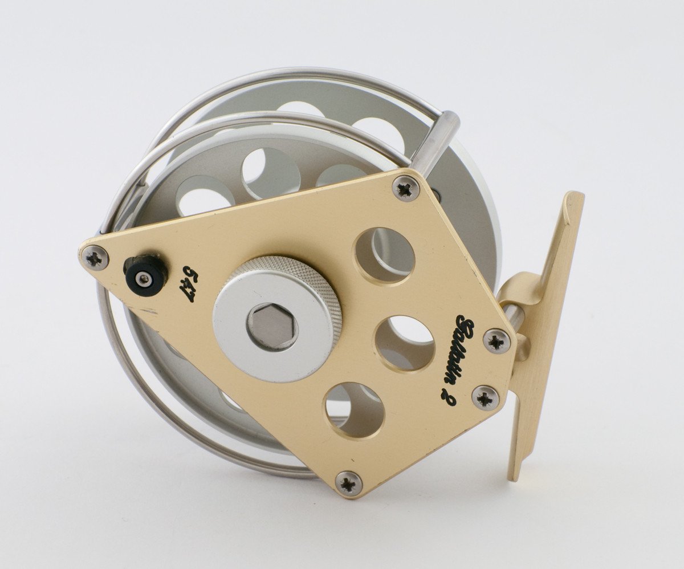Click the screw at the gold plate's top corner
[x=406, y=189]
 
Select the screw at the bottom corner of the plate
[x=348, y=482]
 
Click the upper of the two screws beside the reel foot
[x=496, y=340]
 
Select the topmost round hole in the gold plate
[x=385, y=256]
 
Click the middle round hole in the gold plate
[x=404, y=342]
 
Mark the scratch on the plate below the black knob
[x=149, y=311]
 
